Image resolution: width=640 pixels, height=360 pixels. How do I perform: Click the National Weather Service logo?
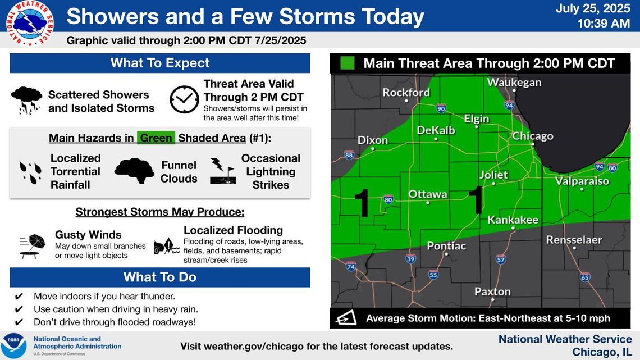point(29,23)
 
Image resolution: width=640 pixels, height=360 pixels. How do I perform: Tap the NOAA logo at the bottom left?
point(13,346)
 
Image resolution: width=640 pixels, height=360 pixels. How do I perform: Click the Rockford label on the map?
point(406,92)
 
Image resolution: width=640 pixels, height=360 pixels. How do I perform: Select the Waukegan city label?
point(514,83)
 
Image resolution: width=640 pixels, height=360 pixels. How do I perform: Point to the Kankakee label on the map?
point(513,220)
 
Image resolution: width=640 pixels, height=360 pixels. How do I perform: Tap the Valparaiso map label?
point(582,181)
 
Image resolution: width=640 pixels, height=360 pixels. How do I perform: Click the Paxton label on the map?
point(493,291)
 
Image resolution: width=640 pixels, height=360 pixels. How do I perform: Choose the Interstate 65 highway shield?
point(585,277)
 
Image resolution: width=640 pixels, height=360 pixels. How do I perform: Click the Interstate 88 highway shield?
point(349,154)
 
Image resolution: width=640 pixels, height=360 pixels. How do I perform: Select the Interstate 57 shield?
point(501,259)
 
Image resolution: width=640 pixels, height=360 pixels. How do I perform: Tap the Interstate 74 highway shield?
point(351,267)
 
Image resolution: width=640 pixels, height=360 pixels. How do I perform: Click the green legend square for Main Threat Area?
point(348,63)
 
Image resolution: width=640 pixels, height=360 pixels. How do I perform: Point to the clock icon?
point(185,99)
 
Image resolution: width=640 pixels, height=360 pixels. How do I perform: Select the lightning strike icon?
point(223,171)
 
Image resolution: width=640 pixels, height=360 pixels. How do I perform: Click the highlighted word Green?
point(156,138)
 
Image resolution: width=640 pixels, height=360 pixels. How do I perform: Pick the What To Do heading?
point(160,277)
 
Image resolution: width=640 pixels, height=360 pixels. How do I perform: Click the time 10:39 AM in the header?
point(604,24)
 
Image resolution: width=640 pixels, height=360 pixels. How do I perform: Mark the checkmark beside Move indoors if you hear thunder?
point(19,297)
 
